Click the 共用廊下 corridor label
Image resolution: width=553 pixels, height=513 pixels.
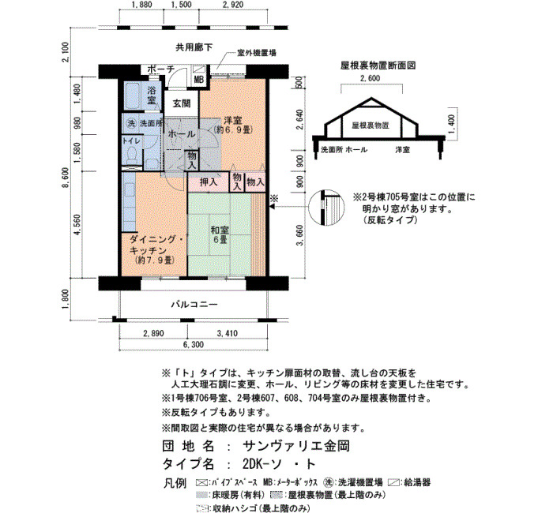(x=194, y=47)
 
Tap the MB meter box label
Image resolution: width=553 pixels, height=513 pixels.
(x=199, y=80)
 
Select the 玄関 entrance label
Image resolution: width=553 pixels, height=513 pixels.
(x=182, y=103)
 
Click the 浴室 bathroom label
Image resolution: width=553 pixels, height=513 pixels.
(x=152, y=95)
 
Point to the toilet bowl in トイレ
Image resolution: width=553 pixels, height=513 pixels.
(x=132, y=155)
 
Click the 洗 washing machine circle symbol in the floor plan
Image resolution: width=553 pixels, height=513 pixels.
(x=131, y=124)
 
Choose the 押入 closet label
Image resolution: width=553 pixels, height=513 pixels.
(x=209, y=182)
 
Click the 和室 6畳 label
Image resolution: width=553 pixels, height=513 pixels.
(x=220, y=235)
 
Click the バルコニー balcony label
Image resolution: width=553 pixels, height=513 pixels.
(x=194, y=305)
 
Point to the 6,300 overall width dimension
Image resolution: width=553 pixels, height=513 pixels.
(x=194, y=345)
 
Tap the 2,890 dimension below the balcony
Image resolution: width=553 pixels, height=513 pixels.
(x=153, y=333)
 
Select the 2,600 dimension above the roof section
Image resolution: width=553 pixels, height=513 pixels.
(x=370, y=78)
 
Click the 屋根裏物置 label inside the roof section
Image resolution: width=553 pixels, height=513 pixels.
(x=371, y=125)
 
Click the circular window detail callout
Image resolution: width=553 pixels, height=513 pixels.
(x=326, y=208)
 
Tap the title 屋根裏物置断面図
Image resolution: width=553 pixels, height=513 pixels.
(x=378, y=66)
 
